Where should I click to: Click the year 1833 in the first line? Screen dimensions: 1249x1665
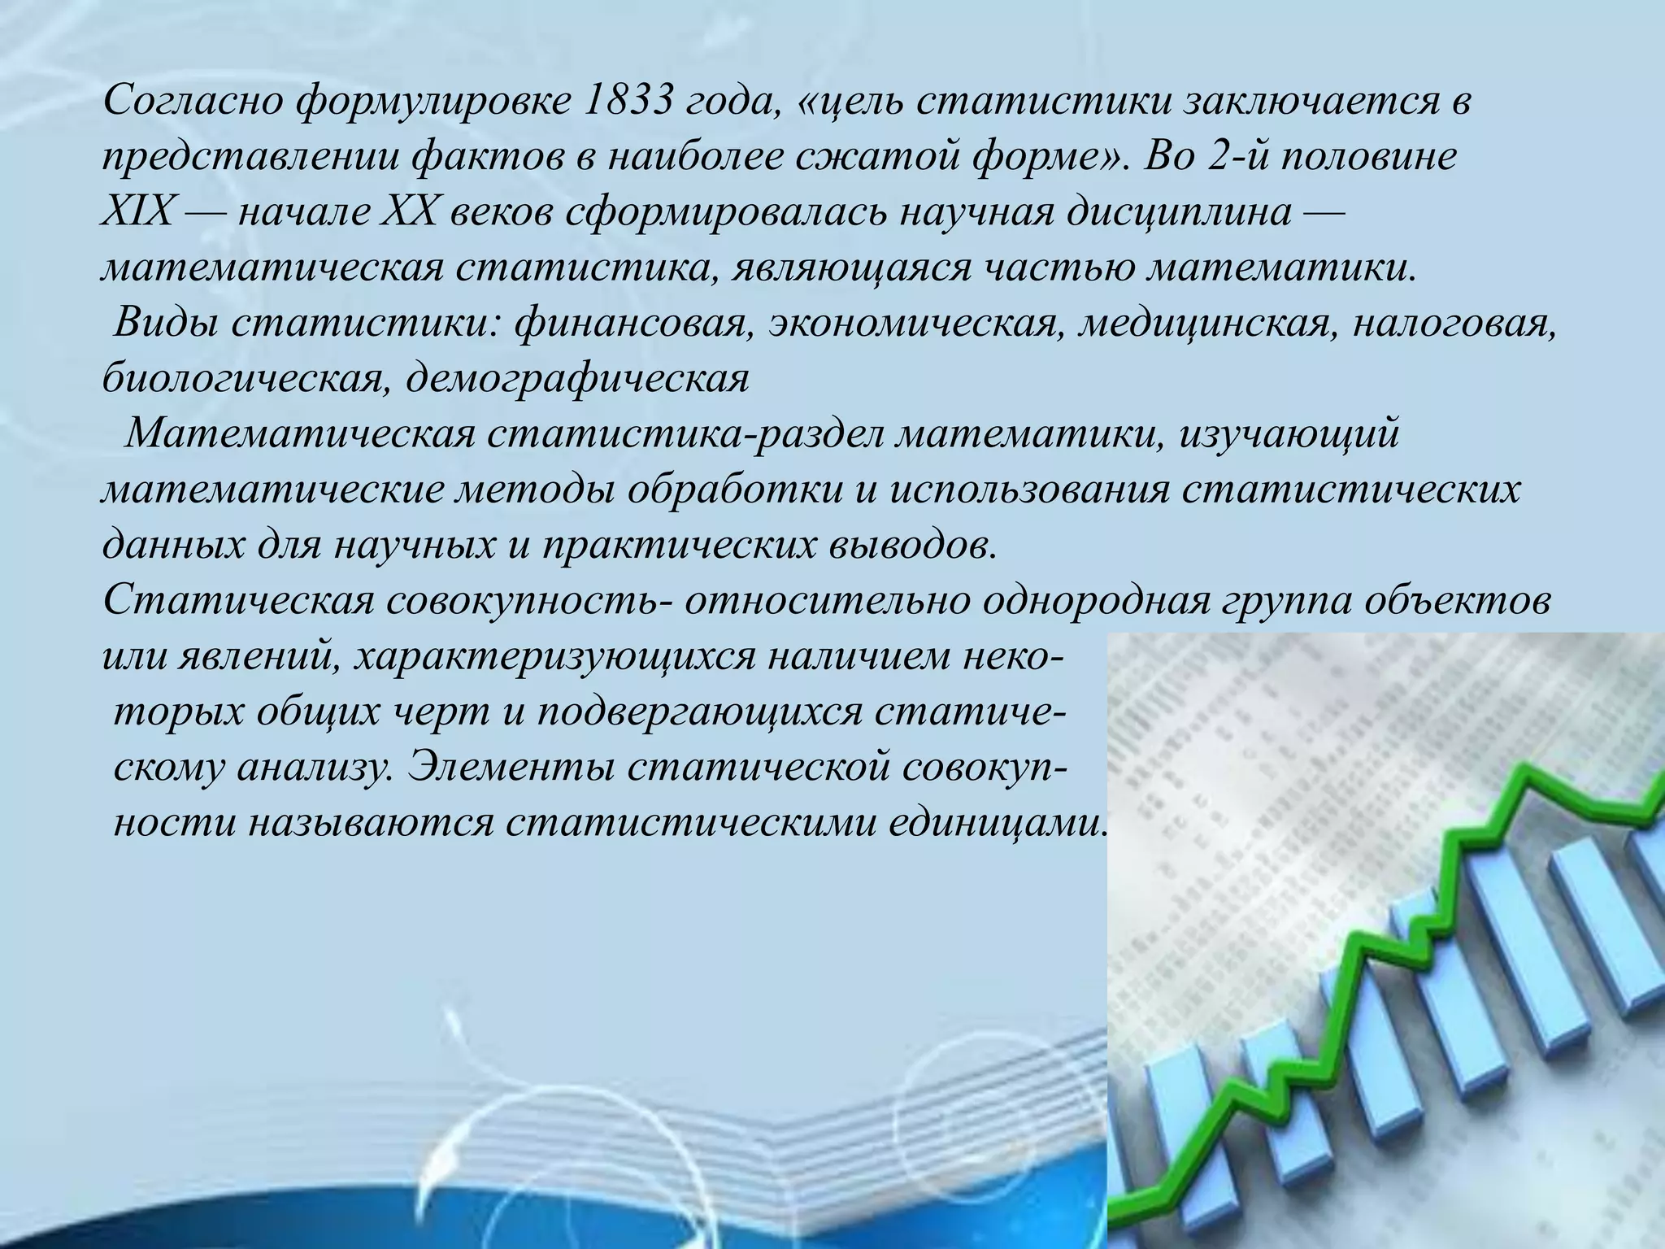pos(630,102)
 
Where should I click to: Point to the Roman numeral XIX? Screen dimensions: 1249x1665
pos(137,212)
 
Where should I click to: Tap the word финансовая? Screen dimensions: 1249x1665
pos(631,324)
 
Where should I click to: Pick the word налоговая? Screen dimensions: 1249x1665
pos(1455,324)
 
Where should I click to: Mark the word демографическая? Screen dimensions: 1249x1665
pos(577,379)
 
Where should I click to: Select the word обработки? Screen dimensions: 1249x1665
pos(735,490)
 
